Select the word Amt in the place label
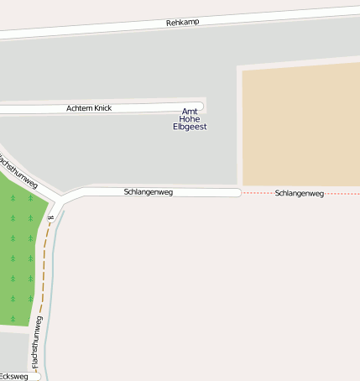tap(190, 112)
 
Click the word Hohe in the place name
tap(190, 119)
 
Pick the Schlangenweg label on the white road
tap(148, 192)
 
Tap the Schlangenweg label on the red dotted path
tap(299, 194)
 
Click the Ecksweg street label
tap(13, 377)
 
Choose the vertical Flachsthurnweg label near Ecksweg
tap(37, 342)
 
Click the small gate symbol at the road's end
tap(50, 218)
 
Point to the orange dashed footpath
tap(42, 269)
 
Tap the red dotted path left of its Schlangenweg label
tap(256, 193)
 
